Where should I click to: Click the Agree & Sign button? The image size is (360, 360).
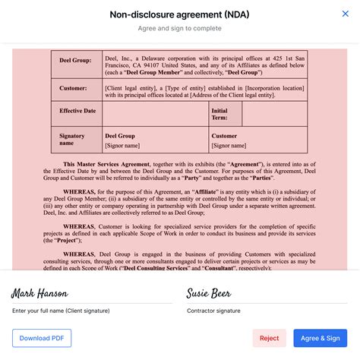point(320,338)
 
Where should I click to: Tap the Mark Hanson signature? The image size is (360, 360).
point(40,293)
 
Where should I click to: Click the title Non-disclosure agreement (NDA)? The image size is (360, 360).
point(179,14)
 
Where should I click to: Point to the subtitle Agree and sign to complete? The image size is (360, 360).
point(179,29)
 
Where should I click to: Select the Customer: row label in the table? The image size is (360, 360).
point(73,88)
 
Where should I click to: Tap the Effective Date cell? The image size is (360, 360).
point(77,111)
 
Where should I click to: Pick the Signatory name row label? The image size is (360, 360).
point(72,140)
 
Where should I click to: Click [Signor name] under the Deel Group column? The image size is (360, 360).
point(122,146)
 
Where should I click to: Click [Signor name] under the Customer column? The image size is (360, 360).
point(229,146)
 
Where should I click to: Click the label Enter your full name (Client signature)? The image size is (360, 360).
point(61,311)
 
